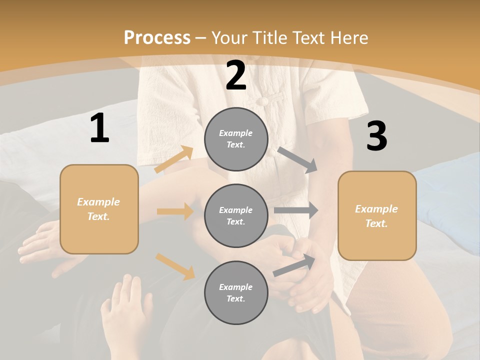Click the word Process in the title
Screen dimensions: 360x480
[x=157, y=37]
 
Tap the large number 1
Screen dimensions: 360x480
[x=99, y=128]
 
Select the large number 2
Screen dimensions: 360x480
[x=236, y=75]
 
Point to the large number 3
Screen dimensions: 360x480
[x=376, y=136]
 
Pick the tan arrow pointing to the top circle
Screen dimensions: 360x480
[x=174, y=159]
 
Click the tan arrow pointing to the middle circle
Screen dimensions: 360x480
[x=175, y=211]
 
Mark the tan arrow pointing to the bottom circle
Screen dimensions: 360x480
[x=175, y=266]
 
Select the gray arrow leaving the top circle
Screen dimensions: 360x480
[x=297, y=159]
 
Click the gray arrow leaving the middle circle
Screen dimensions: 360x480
[x=296, y=210]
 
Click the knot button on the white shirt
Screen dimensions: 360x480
[x=262, y=100]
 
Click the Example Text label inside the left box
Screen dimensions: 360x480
[x=99, y=209]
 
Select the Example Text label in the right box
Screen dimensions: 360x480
[x=377, y=216]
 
